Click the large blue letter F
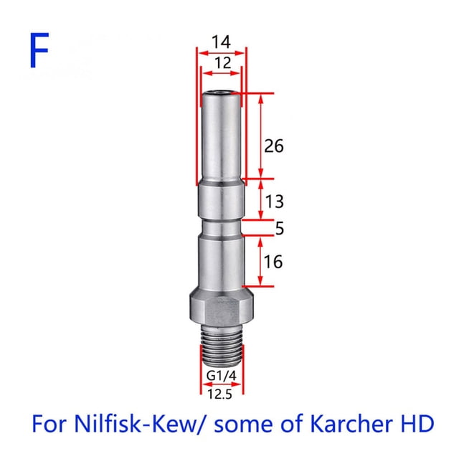[39, 50]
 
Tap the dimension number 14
[221, 42]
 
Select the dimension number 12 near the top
[223, 63]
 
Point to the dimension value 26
[274, 146]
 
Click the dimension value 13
[274, 202]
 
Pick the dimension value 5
[280, 228]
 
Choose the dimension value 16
[273, 261]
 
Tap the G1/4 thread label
[222, 376]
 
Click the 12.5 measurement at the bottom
[220, 394]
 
